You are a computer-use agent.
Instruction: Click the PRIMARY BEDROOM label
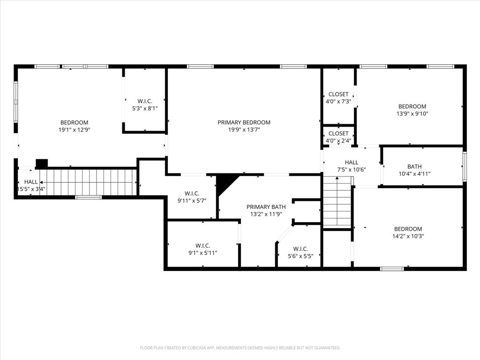click(x=244, y=122)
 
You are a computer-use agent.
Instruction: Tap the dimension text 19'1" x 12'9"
click(x=74, y=130)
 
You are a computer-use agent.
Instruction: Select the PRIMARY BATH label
click(x=266, y=207)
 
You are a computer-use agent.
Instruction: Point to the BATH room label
click(x=414, y=166)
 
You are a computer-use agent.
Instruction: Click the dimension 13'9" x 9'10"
click(x=412, y=113)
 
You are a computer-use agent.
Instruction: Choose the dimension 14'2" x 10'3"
click(x=408, y=236)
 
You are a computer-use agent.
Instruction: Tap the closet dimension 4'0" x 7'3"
click(x=338, y=101)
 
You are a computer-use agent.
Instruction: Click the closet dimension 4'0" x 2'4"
click(x=338, y=141)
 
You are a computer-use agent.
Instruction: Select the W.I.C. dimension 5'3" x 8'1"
click(x=144, y=108)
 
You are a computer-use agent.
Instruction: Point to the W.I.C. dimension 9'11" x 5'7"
click(x=192, y=201)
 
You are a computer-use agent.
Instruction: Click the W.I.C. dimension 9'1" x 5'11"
click(x=202, y=253)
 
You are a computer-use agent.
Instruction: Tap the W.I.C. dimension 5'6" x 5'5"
click(x=300, y=256)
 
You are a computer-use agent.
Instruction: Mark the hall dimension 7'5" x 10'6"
click(x=352, y=170)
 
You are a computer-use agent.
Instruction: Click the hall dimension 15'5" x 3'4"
click(x=31, y=189)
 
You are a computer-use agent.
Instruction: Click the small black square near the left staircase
click(x=42, y=164)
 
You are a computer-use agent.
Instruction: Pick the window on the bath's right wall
click(x=465, y=166)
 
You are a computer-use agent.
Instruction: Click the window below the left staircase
click(x=89, y=197)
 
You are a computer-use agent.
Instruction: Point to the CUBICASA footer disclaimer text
click(x=240, y=348)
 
